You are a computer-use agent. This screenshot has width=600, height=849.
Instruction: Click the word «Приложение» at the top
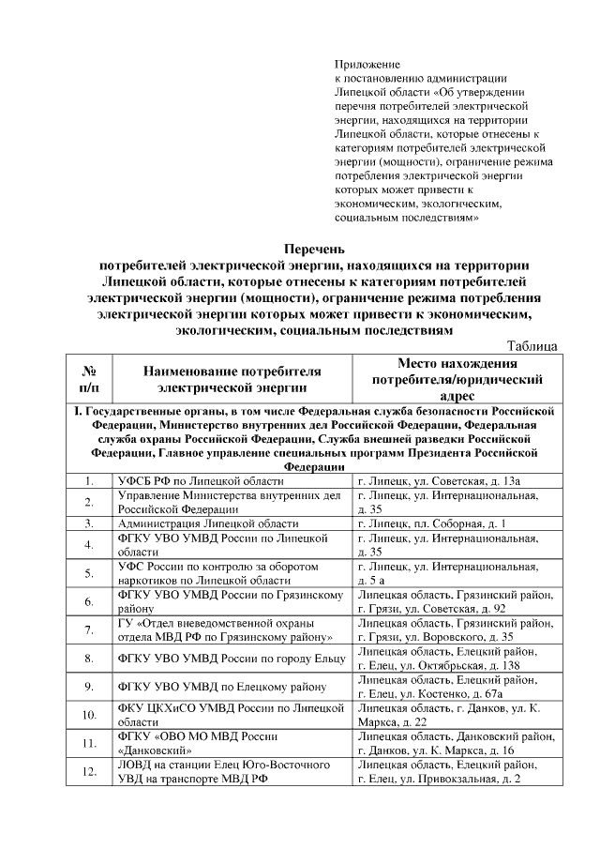[x=367, y=65]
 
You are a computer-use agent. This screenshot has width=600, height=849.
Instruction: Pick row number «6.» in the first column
[x=90, y=601]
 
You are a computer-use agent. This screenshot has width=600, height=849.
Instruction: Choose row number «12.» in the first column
[x=90, y=772]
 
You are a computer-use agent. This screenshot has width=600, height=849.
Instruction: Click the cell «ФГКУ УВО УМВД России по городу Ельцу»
[x=231, y=659]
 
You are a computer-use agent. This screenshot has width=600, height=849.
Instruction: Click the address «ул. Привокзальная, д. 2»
[x=478, y=779]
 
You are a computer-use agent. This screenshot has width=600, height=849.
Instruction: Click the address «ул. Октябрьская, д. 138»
[x=472, y=665]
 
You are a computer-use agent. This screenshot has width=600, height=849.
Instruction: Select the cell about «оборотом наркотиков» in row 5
[x=231, y=573]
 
